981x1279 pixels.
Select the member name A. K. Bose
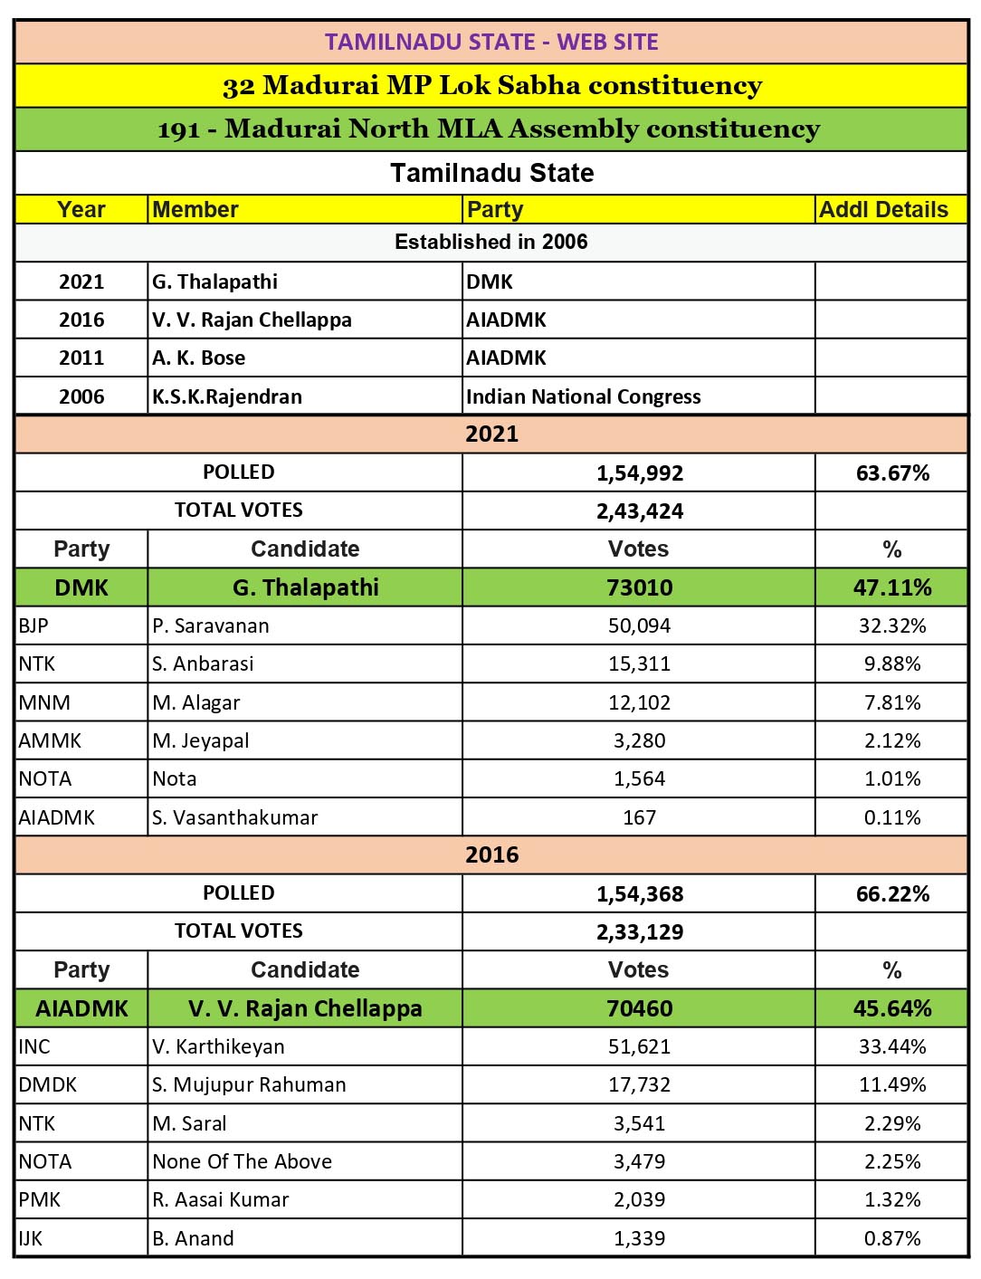pos(199,358)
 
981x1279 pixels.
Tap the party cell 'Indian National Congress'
pos(583,396)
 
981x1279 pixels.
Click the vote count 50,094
pos(639,625)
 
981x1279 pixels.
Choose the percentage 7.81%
pos(891,702)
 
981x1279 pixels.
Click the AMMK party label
pos(50,740)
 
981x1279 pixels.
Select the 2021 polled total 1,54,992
pos(639,473)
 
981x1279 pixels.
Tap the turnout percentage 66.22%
pos(891,894)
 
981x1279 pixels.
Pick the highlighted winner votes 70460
pos(639,1008)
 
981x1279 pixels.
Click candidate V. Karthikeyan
pos(218,1046)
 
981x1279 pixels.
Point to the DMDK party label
pos(48,1084)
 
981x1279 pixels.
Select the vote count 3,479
pos(639,1161)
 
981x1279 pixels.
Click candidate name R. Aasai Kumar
pos(220,1199)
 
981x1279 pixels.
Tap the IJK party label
pos(31,1238)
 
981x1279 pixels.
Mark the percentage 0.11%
pos(891,817)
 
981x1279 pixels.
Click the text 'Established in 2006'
pos(490,242)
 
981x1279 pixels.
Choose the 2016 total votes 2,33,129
pos(639,932)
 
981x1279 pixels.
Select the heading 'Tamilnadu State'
pos(491,173)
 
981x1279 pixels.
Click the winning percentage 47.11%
pos(891,587)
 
